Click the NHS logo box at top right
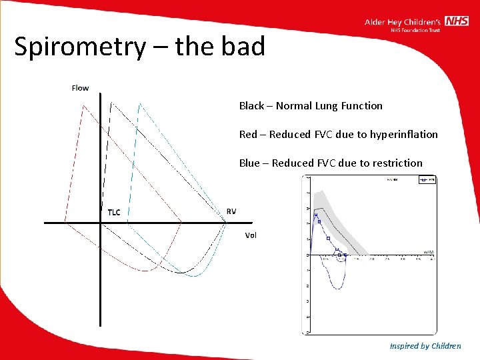(457, 21)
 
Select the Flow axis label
(80, 88)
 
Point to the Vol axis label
(251, 235)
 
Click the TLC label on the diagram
(114, 212)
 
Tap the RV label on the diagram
(231, 211)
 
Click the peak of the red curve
(82, 105)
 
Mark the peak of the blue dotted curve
(140, 103)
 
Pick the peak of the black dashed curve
(111, 101)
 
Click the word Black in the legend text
(251, 105)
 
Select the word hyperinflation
(407, 135)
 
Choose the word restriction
(399, 163)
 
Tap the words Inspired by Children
(425, 345)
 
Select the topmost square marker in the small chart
(316, 215)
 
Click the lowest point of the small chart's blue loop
(339, 288)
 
